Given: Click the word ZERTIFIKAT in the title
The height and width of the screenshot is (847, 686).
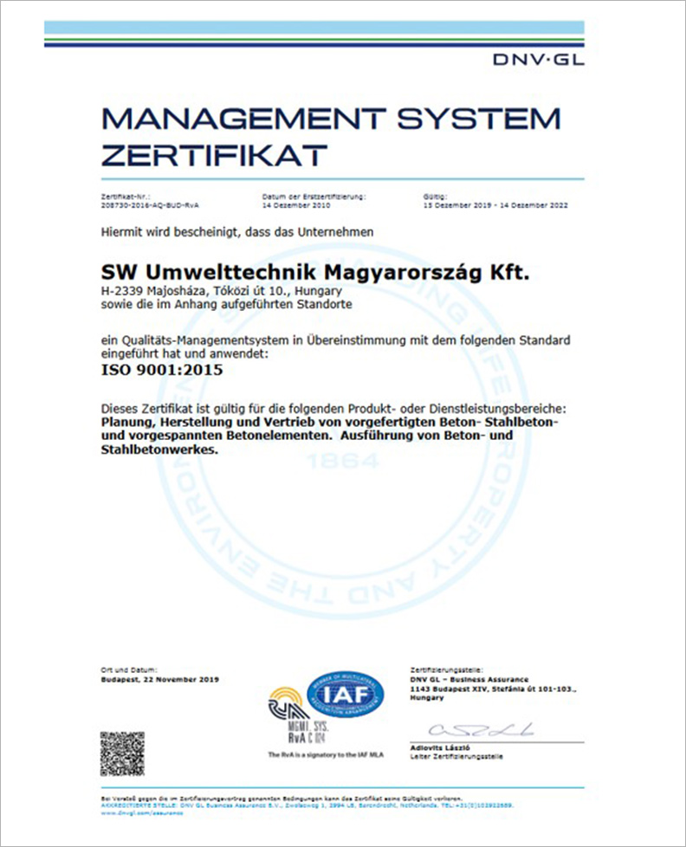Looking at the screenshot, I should pyautogui.click(x=214, y=155).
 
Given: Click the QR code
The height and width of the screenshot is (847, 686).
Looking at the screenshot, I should pyautogui.click(x=122, y=753).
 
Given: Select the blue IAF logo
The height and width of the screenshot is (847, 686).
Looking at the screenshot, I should pyautogui.click(x=349, y=694).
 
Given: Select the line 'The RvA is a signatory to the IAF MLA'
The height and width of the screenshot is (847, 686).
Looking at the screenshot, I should pyautogui.click(x=326, y=755).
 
